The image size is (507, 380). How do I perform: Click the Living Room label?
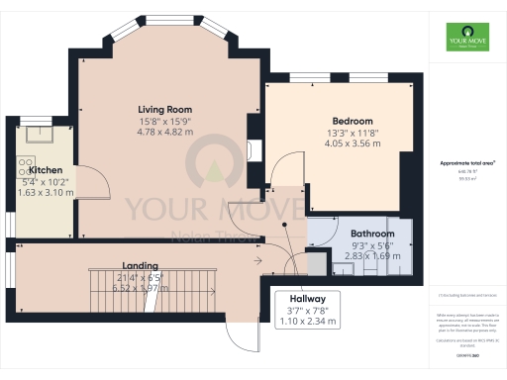point(164,109)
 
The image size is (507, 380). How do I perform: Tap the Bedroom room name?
point(353,120)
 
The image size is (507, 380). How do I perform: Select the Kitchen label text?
point(46,170)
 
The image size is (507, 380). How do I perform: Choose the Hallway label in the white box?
point(307,298)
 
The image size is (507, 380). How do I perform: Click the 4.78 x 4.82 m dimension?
point(164,132)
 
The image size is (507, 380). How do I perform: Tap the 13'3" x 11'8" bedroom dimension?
point(353,132)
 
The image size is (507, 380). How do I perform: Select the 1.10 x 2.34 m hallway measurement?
point(307,321)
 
